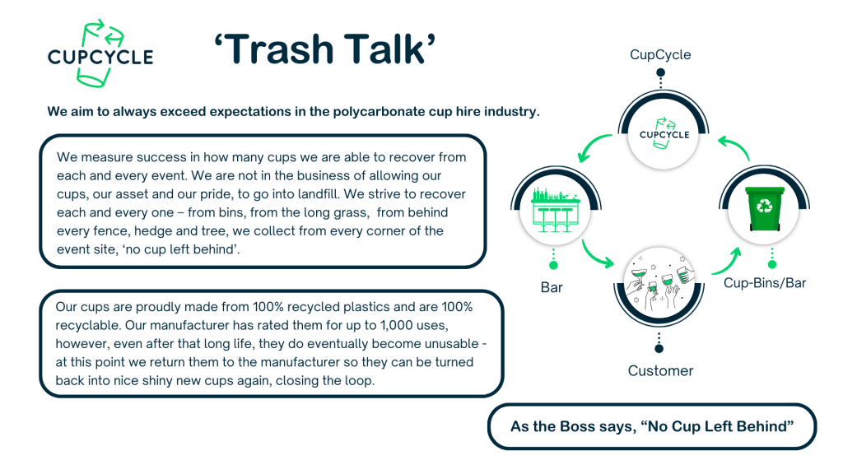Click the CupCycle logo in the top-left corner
tap(100, 53)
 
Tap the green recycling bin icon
tap(764, 208)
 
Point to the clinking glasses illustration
tap(659, 282)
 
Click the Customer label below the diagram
tap(660, 371)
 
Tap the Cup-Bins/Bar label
tap(765, 283)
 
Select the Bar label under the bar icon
tap(552, 287)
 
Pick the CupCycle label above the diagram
tap(660, 55)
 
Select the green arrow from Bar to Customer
tap(594, 255)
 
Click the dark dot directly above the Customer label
tap(659, 349)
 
